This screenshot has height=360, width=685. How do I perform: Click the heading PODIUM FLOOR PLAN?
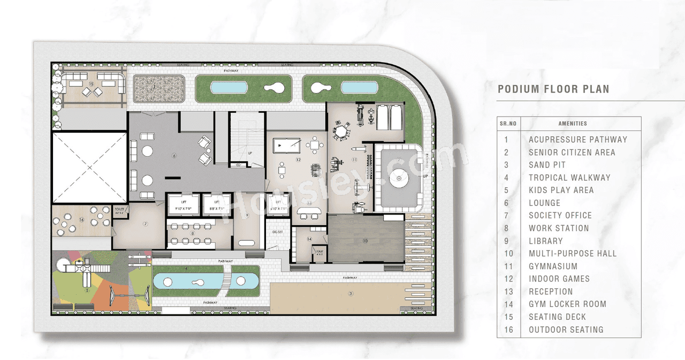click(553, 89)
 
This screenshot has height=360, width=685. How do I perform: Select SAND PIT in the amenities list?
click(547, 165)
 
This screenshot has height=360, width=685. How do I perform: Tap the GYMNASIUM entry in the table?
click(553, 266)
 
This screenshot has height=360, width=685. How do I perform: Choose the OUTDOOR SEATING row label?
click(566, 330)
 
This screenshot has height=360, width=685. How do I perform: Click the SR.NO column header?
click(508, 124)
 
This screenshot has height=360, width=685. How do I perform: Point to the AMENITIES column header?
click(572, 124)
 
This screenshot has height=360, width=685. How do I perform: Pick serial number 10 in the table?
click(508, 254)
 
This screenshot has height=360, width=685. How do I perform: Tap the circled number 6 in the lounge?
click(174, 156)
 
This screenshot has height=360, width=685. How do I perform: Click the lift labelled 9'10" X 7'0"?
click(184, 203)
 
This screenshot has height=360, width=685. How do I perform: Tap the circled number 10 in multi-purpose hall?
click(365, 241)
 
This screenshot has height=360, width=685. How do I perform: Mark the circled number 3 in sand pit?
click(351, 293)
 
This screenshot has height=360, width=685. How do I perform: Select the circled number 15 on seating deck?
click(92, 83)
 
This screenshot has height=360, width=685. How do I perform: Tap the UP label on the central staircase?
click(249, 152)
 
